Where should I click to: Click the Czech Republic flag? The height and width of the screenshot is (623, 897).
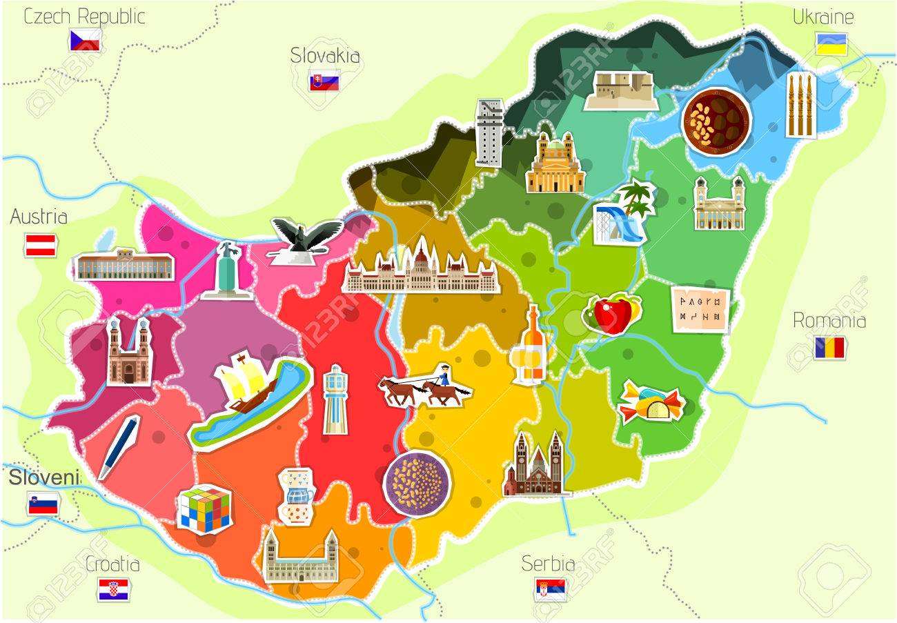tap(85, 40)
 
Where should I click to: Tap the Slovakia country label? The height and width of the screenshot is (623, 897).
tap(325, 55)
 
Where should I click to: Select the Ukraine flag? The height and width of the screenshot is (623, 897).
tap(831, 44)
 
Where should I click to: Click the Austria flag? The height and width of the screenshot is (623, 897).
tap(41, 245)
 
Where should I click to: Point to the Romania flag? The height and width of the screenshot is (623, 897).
tap(829, 348)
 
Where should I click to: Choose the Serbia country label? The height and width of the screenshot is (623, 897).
tap(548, 563)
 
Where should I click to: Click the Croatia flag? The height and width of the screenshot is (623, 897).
tap(113, 590)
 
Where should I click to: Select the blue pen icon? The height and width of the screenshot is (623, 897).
tap(119, 446)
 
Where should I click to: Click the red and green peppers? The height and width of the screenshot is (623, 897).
tap(612, 314)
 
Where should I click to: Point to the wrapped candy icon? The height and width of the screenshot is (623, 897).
tap(650, 402)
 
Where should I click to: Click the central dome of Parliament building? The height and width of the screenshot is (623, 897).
tap(421, 255)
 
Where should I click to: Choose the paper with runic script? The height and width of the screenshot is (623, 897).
tap(700, 309)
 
